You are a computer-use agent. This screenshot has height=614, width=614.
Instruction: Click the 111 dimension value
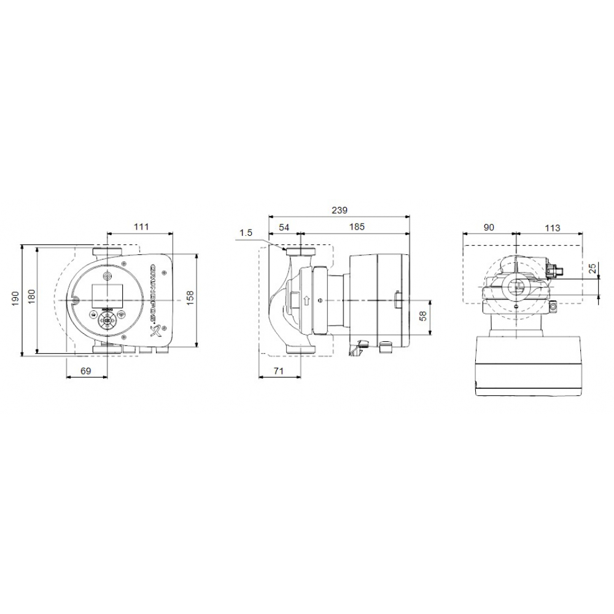pyautogui.click(x=141, y=227)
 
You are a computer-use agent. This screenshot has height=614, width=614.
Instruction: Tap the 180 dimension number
pyautogui.click(x=31, y=295)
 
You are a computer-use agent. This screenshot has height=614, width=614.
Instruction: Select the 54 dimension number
pyautogui.click(x=284, y=227)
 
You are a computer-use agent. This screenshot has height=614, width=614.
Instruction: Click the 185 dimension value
pyautogui.click(x=356, y=227)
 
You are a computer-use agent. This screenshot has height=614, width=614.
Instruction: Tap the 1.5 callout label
pyautogui.click(x=246, y=233)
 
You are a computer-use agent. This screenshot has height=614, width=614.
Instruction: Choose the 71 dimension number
pyautogui.click(x=279, y=371)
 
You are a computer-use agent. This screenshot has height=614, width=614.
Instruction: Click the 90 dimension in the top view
pyautogui.click(x=489, y=228)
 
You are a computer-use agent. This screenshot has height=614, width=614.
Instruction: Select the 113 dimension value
pyautogui.click(x=552, y=228)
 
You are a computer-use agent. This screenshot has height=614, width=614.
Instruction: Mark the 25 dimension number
pyautogui.click(x=593, y=268)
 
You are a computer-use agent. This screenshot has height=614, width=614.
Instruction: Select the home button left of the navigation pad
pyautogui.click(x=93, y=314)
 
